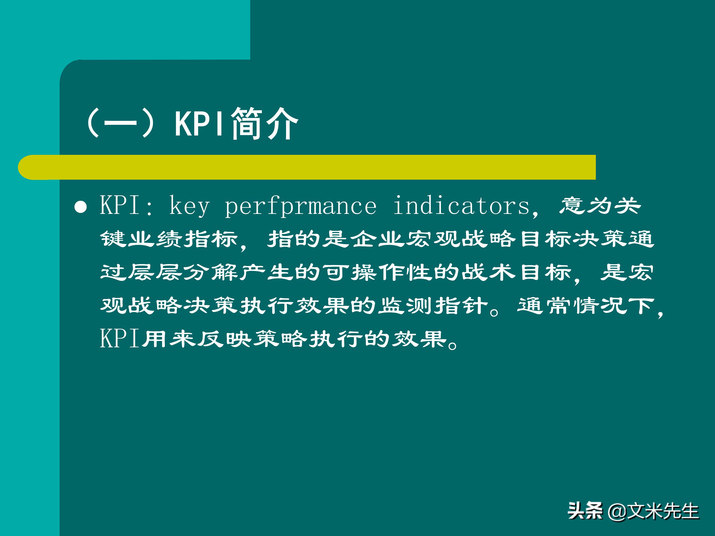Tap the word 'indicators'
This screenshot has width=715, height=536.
coord(462,205)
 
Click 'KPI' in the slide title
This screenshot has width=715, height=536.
coord(199,123)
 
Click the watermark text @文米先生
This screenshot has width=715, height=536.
coord(653,511)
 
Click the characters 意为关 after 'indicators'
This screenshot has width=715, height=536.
coord(600,205)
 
